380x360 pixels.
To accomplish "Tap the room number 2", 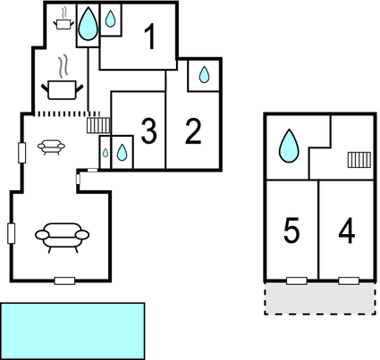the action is (x=193, y=131).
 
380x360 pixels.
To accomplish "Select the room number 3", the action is (x=148, y=130).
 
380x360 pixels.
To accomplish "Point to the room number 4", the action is (x=347, y=230).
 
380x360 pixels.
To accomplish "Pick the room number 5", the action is (x=291, y=230).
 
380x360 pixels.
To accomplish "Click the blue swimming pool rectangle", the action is (x=72, y=331).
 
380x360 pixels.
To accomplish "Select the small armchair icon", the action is (x=51, y=147).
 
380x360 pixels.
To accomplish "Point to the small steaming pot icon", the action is (x=63, y=19).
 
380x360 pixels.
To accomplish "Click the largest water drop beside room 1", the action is (x=88, y=24).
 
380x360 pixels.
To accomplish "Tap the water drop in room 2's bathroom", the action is (x=204, y=74).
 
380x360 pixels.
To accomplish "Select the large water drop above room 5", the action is (x=289, y=146).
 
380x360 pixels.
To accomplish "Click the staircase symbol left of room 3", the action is (x=98, y=125).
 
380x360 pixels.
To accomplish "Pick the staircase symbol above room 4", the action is (x=359, y=160).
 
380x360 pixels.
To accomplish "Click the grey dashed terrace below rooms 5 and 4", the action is (x=320, y=298).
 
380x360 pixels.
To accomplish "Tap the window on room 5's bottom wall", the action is (x=297, y=280).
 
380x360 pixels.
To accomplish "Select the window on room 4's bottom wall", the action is (x=349, y=280).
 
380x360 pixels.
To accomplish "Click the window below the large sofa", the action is (x=64, y=280).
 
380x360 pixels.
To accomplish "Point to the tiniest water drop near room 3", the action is (x=106, y=153).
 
